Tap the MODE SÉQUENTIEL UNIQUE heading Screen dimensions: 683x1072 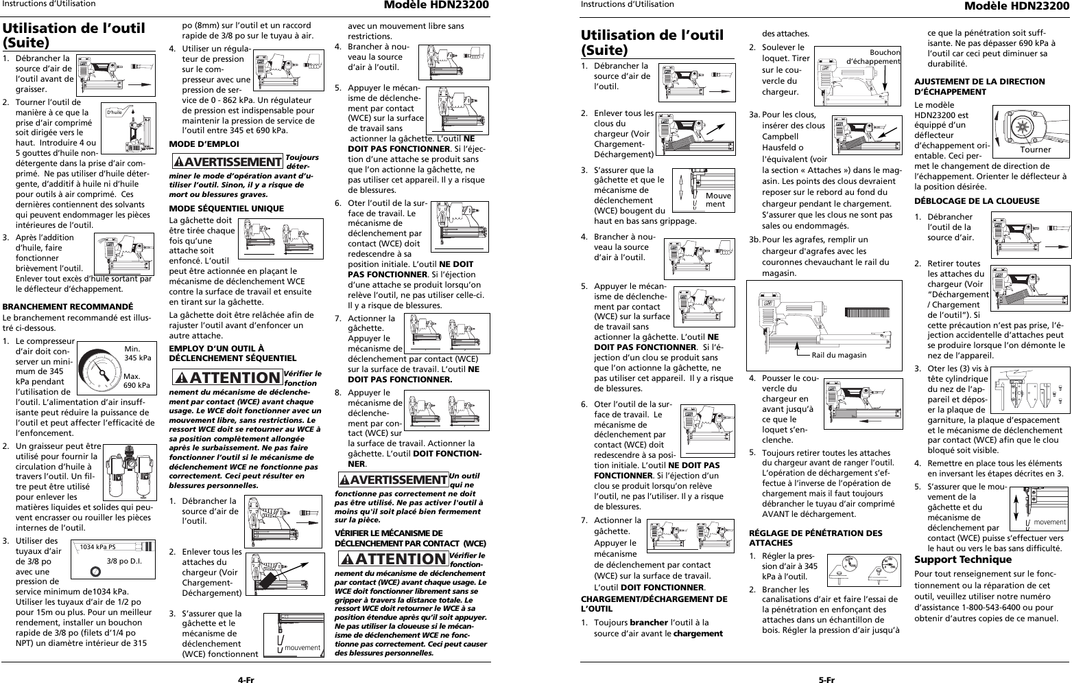[217, 209]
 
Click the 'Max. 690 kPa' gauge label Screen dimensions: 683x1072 [137, 380]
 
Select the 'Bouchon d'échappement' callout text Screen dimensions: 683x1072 [874, 57]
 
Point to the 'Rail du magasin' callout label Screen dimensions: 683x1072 [838, 355]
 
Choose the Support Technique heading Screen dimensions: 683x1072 [963, 559]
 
